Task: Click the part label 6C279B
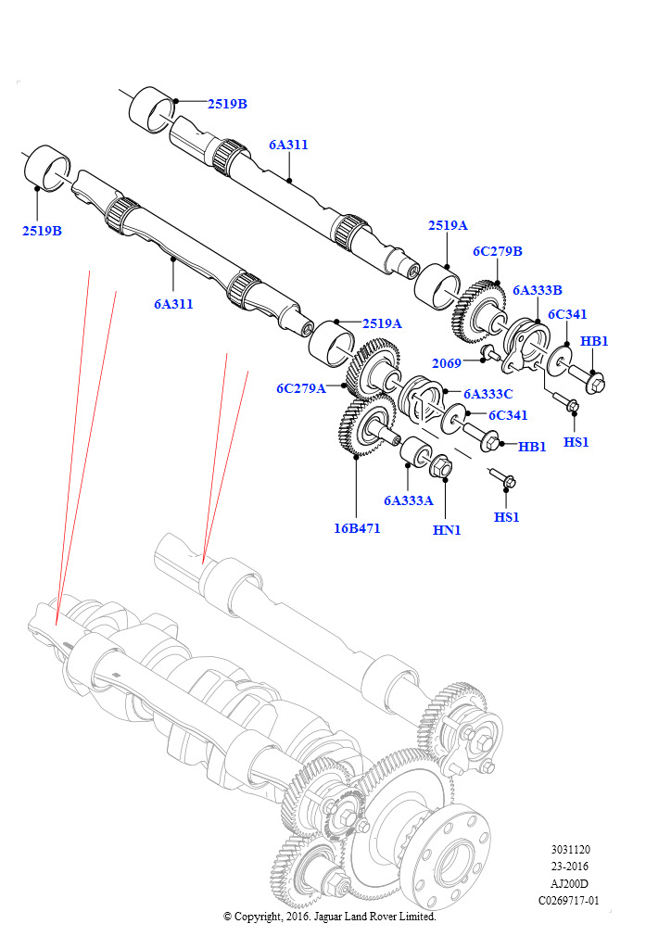click(498, 251)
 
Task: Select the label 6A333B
click(538, 290)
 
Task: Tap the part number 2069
click(447, 363)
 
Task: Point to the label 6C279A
click(301, 388)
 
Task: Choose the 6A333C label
click(488, 393)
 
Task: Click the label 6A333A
click(409, 500)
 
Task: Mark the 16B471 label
click(356, 528)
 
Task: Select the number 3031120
click(570, 850)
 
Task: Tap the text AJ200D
click(570, 883)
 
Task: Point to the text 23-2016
click(570, 867)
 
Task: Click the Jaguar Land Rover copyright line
click(329, 917)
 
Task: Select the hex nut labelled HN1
click(442, 467)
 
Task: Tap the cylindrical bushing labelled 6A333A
click(414, 455)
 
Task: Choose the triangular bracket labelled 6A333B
click(526, 345)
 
